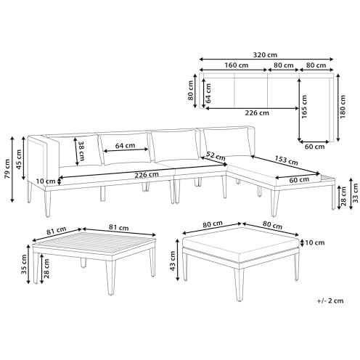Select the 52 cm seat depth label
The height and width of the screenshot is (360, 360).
coord(214,155)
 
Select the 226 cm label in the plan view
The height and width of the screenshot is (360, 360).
coord(258,113)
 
